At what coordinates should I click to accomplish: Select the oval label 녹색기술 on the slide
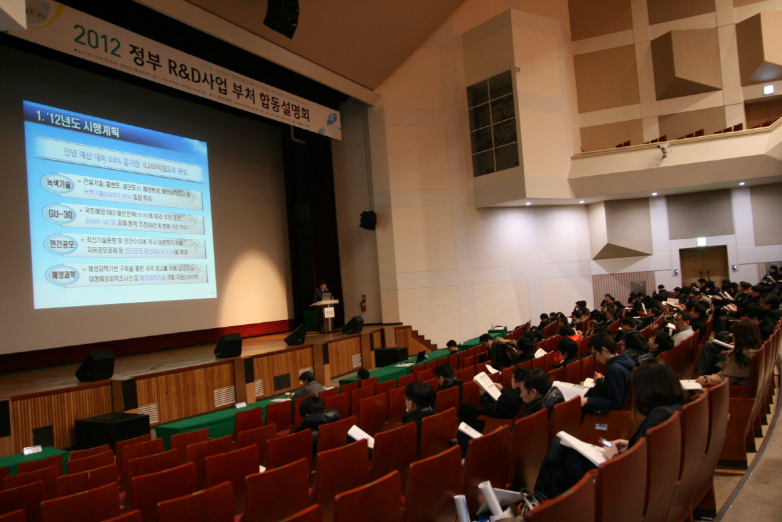point(57,183)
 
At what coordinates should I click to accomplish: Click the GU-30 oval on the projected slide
point(59,214)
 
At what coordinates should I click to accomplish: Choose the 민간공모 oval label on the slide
point(61,244)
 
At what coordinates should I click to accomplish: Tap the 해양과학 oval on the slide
point(62,274)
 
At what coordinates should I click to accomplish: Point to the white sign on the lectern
point(329,312)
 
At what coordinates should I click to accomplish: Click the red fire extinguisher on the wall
point(364,303)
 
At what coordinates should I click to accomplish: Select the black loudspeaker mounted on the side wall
point(368,220)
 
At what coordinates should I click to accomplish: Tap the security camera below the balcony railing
point(663,149)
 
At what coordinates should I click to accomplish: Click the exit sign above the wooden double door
point(701,242)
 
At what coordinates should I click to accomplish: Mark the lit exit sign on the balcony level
point(768,89)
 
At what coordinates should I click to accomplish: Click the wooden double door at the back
point(704,264)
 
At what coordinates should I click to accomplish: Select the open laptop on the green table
point(421,357)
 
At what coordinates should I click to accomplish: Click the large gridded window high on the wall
point(493,124)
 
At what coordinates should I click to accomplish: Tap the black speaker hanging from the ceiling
point(281,17)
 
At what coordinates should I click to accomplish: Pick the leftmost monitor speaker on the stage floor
point(95,366)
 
